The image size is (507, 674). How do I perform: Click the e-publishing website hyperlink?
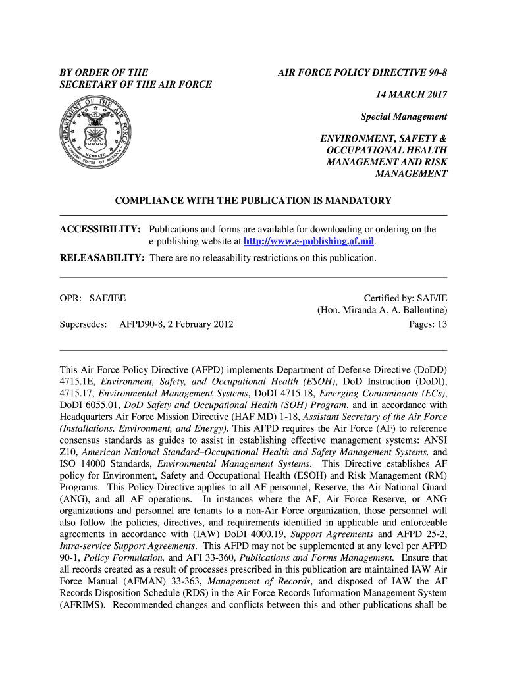click(309, 242)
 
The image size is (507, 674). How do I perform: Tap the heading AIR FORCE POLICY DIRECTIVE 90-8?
click(362, 72)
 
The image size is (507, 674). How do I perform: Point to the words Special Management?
click(404, 117)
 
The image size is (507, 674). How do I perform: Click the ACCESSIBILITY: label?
click(100, 230)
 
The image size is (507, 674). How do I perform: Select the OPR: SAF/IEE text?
click(92, 298)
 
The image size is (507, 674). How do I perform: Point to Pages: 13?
click(428, 324)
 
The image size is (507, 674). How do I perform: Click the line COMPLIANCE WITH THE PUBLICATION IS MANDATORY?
click(254, 200)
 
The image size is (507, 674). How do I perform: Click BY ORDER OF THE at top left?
click(104, 72)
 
